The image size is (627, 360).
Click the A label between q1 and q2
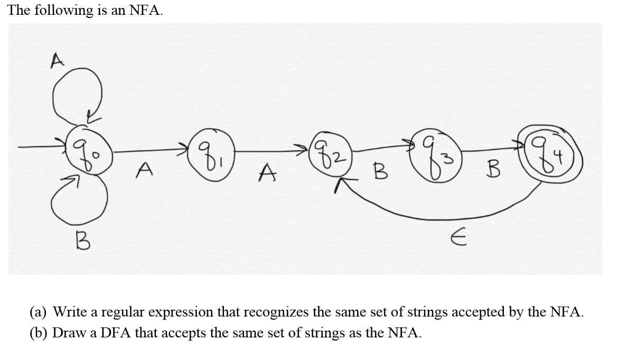tap(268, 172)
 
